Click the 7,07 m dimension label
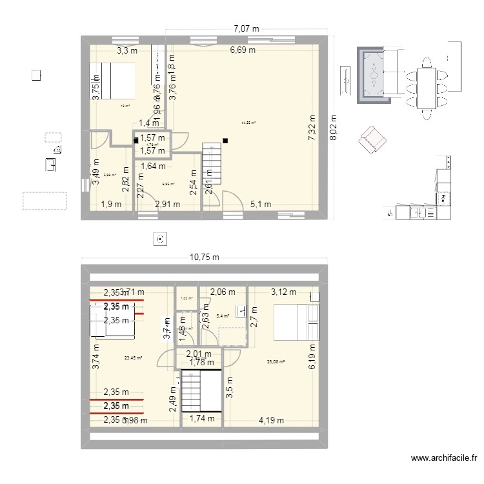(246, 28)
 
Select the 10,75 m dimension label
(204, 257)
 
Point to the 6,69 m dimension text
(243, 50)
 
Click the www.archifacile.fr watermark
(443, 459)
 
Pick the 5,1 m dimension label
(260, 205)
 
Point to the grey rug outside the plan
(374, 75)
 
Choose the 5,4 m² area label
(223, 316)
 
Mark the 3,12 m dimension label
(284, 292)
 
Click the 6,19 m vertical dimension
(312, 356)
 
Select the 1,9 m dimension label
(110, 205)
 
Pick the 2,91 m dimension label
(168, 205)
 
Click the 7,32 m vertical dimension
(312, 128)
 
